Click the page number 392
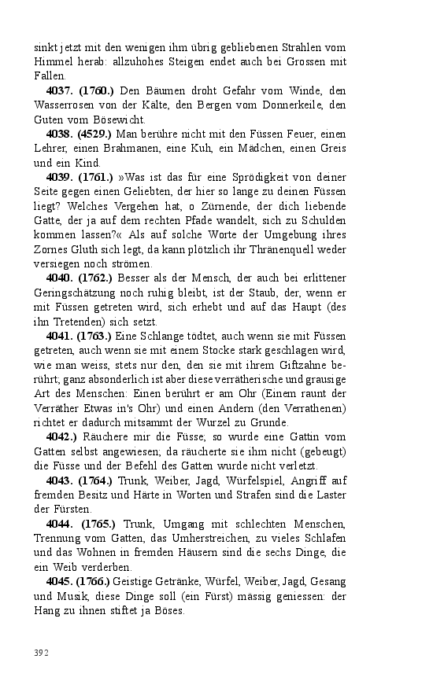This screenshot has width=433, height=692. pyautogui.click(x=42, y=652)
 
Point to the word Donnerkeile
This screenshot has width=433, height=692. pyautogui.click(x=291, y=105)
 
